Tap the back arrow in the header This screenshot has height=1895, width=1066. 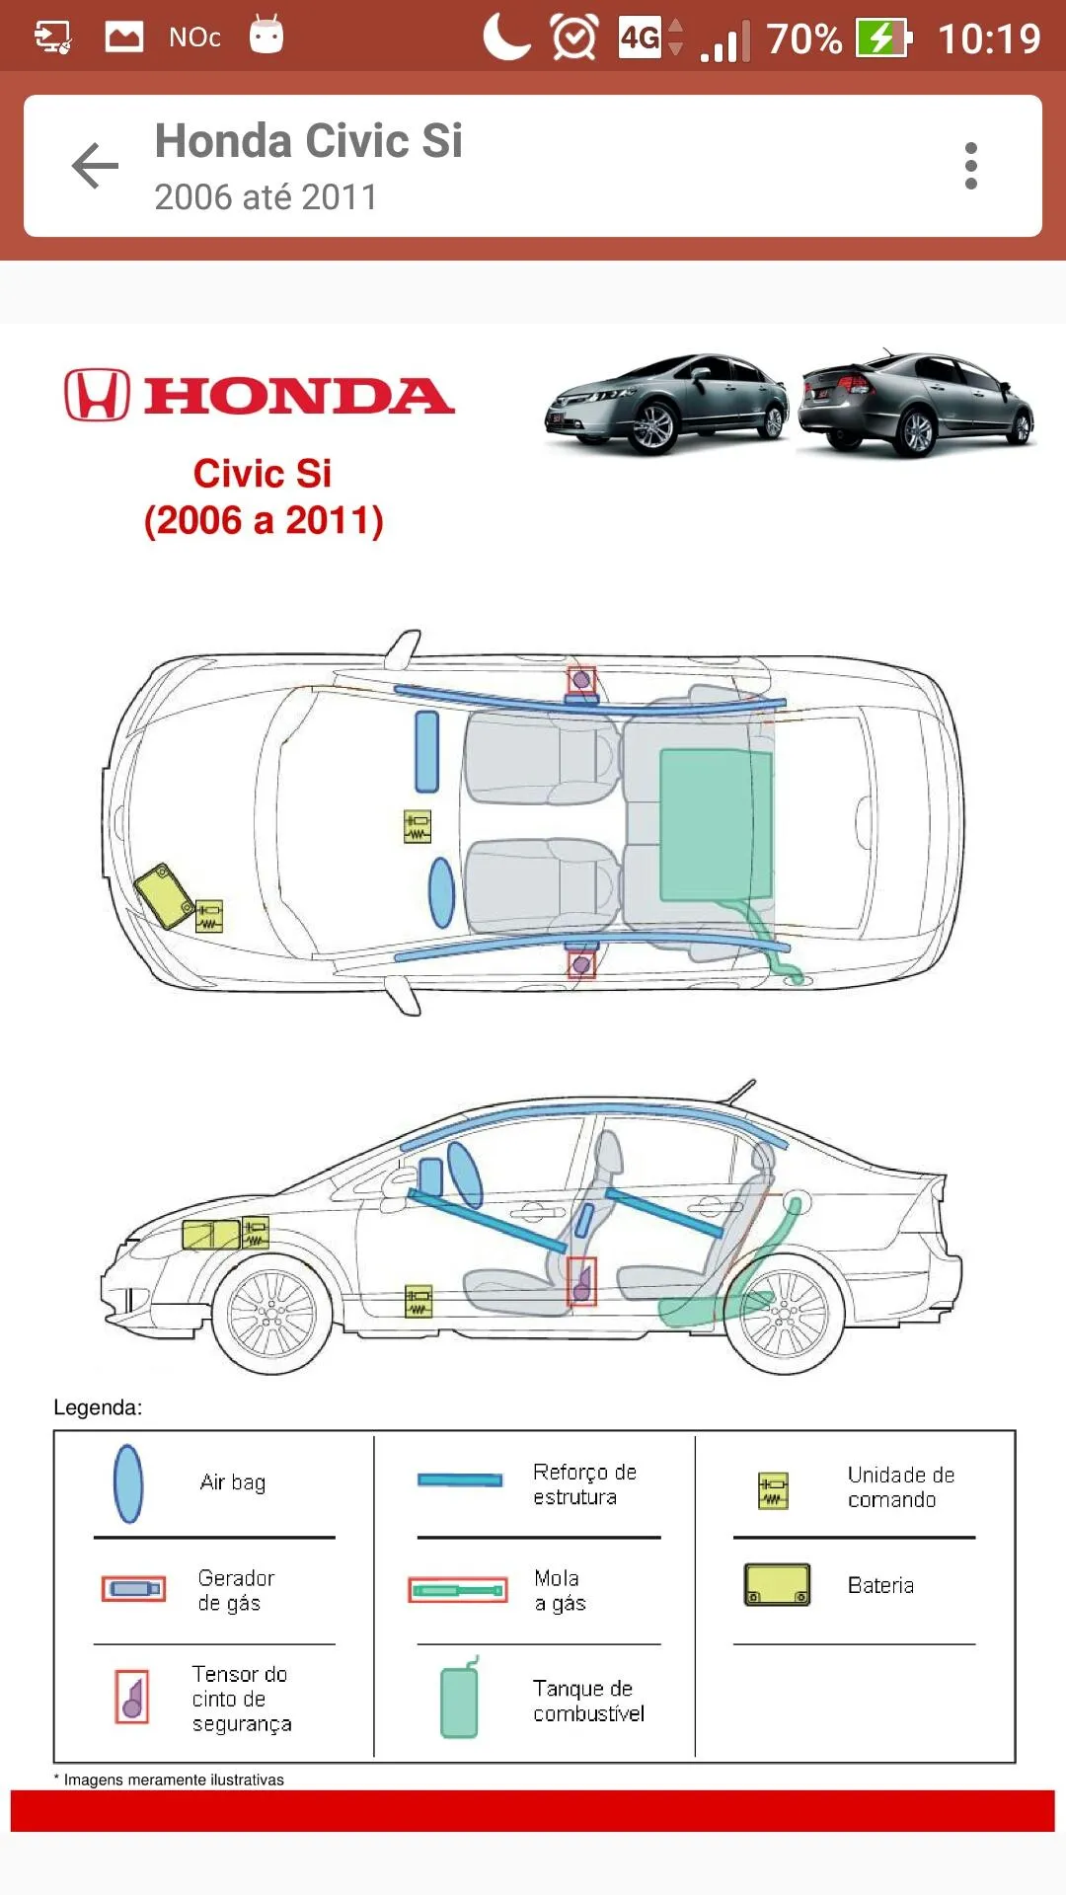95,165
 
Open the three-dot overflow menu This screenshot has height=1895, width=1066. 971,166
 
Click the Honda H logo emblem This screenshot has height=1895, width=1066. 97,395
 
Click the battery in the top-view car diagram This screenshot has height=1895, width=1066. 164,895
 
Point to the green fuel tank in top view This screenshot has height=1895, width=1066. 716,825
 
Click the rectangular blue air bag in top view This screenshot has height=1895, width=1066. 426,751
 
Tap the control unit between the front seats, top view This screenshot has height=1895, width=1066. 418,827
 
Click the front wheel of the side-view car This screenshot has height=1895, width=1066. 271,1314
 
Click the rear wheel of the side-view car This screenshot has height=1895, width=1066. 785,1314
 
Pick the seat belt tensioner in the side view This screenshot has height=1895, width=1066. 581,1282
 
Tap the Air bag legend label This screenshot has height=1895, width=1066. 233,1482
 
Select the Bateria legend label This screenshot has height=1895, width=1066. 880,1585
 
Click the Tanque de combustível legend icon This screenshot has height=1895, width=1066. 460,1698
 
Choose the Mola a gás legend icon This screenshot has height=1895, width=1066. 458,1590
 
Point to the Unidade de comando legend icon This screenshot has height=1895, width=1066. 773,1490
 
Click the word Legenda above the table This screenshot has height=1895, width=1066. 98,1407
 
